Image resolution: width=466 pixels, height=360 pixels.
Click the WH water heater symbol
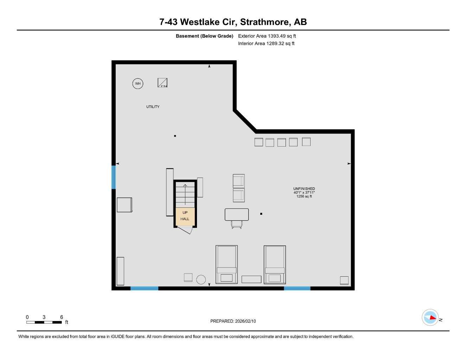(x=138, y=84)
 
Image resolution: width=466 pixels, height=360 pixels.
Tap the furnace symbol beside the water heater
(x=162, y=83)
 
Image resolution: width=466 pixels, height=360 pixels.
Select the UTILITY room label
(x=153, y=107)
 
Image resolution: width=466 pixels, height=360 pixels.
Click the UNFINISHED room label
(x=304, y=189)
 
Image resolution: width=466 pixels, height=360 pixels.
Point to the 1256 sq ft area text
(x=304, y=197)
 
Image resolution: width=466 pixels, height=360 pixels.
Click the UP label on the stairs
(x=185, y=212)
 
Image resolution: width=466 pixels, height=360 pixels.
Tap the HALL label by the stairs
(x=185, y=219)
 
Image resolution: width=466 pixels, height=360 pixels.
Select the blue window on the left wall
(x=114, y=177)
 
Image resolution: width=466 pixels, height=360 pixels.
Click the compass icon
(x=430, y=317)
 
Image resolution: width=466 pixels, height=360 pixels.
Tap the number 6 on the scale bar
(x=62, y=317)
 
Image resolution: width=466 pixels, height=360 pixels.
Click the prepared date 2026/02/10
(x=245, y=321)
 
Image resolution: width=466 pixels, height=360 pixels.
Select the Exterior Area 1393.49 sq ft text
(x=267, y=36)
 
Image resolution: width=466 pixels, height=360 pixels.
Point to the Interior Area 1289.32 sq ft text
(x=266, y=44)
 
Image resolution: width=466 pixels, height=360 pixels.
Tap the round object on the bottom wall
(x=201, y=279)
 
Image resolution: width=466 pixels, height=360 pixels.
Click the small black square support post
(x=261, y=214)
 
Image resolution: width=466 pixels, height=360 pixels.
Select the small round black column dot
(x=175, y=136)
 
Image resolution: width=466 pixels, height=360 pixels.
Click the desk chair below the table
(x=237, y=224)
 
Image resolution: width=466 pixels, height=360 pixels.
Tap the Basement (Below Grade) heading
(x=204, y=36)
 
